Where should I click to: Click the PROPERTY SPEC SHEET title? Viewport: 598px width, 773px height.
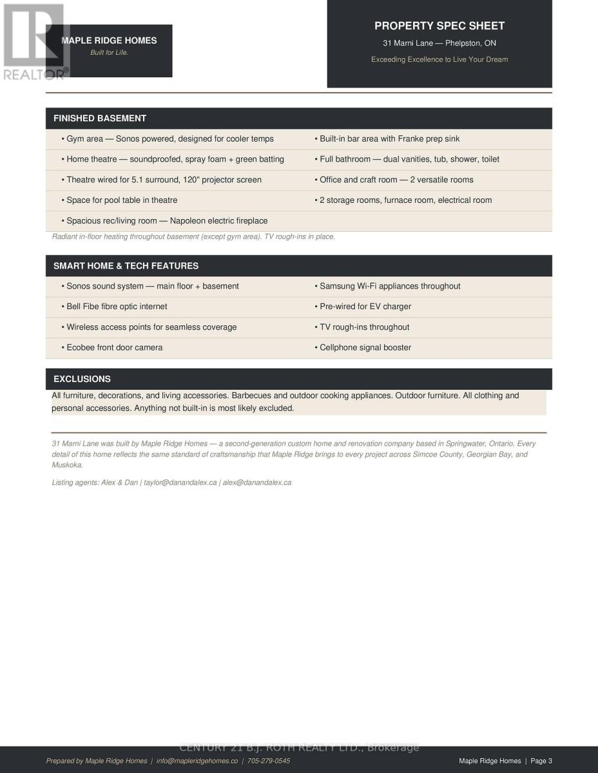tap(439, 26)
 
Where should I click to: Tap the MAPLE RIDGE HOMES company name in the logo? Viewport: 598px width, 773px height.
tap(109, 40)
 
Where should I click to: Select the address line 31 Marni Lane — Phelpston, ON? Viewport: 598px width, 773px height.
tap(439, 43)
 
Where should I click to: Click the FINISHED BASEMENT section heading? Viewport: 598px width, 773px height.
tap(100, 119)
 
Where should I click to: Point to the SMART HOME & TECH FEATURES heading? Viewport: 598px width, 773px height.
tap(126, 266)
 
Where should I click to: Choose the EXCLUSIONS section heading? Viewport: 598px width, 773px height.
tap(82, 379)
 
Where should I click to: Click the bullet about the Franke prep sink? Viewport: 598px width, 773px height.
tap(387, 139)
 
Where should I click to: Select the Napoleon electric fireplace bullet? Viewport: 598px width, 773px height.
tap(164, 221)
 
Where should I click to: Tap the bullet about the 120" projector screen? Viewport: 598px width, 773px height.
tap(161, 180)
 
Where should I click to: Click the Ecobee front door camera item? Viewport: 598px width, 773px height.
tap(112, 348)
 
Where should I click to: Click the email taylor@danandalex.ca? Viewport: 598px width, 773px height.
tap(180, 482)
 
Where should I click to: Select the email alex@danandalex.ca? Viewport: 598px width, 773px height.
tap(257, 482)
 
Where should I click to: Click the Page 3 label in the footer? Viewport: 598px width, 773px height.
tap(541, 761)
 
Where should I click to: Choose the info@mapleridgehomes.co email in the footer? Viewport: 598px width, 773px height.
tap(197, 761)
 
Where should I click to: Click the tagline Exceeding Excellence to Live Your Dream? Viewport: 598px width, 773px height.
tap(439, 59)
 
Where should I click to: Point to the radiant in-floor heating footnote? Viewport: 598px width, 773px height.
tap(193, 237)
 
